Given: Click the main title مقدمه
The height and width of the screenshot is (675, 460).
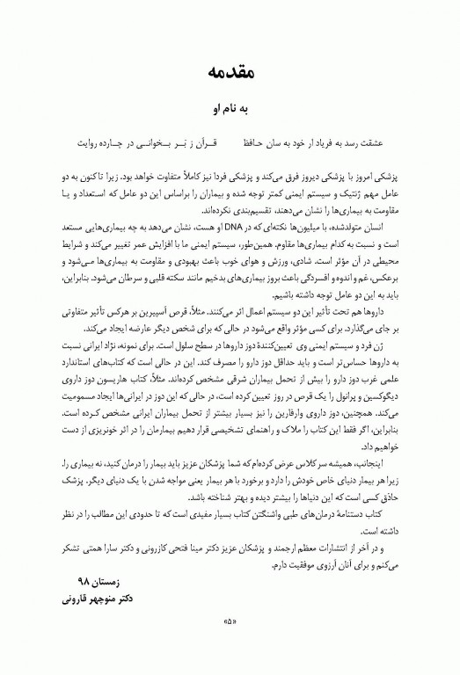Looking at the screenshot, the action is [x=231, y=71].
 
